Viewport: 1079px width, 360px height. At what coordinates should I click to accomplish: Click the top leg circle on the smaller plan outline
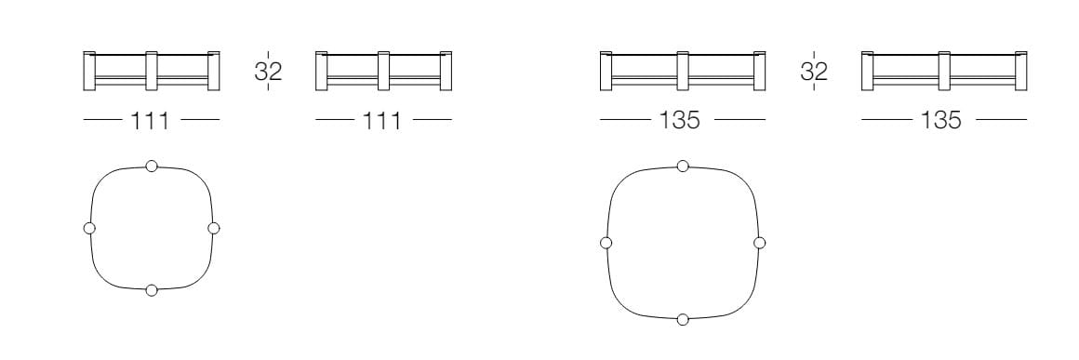(x=152, y=166)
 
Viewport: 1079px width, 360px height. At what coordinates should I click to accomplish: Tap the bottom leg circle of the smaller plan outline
(x=152, y=290)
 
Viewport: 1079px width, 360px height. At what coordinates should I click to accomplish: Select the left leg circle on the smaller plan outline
(x=88, y=228)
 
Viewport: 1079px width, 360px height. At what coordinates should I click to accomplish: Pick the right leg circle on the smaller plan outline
(x=213, y=228)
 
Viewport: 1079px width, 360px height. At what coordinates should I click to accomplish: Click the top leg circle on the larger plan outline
(x=683, y=166)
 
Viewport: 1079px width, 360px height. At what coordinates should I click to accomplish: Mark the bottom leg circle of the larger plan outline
(x=683, y=319)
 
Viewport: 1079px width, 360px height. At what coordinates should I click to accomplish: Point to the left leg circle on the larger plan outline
(x=606, y=242)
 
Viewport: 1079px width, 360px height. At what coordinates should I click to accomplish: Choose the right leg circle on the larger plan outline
(x=760, y=242)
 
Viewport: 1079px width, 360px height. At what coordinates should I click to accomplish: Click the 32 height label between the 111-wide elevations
(x=269, y=71)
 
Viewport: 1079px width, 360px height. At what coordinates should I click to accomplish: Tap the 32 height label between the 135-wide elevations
(x=814, y=71)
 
